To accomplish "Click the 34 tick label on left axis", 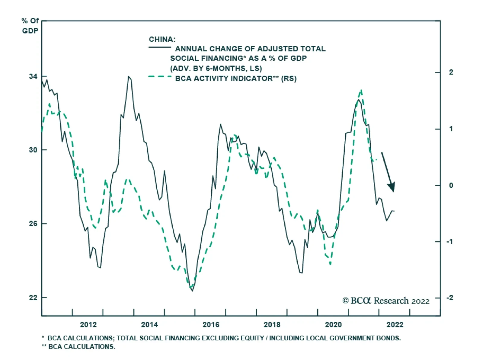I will tap(33, 77).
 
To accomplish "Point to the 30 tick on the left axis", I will tap(33, 150).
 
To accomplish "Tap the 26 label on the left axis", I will tap(33, 224).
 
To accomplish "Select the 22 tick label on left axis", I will tap(33, 298).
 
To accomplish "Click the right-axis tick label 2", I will tap(451, 72).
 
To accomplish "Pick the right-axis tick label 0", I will tap(451, 186).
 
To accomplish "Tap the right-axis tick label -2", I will tap(450, 298).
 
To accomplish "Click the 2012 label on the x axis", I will tap(88, 325).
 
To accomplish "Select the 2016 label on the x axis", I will tap(211, 325).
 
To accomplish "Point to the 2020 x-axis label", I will tap(333, 325).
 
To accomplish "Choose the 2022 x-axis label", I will tap(395, 325).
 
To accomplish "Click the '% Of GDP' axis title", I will tap(30, 26).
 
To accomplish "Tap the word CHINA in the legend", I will tap(162, 40).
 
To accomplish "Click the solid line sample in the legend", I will tap(160, 47).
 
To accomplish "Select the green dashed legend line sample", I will tap(160, 77).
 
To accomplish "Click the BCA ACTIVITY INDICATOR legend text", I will tap(236, 79).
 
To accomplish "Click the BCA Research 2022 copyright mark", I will tap(385, 301).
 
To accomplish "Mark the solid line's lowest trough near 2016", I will tap(192, 291).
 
